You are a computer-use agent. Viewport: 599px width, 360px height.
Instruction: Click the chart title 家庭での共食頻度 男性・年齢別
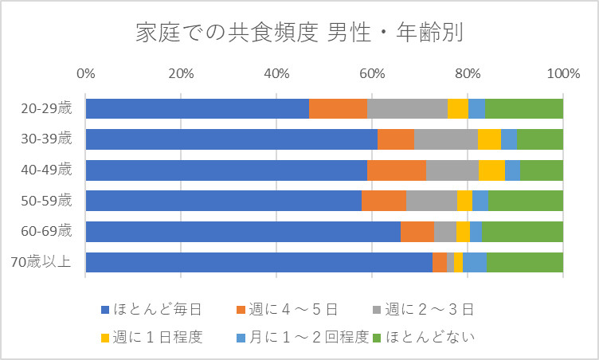tap(299, 33)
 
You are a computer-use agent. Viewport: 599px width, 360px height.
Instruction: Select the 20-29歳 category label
tap(47, 108)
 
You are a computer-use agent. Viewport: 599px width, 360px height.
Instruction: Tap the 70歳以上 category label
tap(47, 263)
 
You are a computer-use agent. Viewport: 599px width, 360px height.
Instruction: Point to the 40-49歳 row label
tap(47, 170)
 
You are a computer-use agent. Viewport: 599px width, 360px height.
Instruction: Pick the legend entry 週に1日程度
tap(158, 337)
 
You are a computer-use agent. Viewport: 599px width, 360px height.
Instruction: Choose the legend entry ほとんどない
tap(429, 337)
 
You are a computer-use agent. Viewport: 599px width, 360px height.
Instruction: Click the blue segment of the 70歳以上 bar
tap(259, 263)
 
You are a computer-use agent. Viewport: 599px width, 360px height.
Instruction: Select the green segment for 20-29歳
tap(524, 108)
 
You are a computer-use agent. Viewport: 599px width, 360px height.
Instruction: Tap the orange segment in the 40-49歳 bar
tap(397, 170)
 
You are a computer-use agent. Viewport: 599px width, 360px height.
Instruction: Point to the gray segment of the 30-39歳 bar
tap(446, 139)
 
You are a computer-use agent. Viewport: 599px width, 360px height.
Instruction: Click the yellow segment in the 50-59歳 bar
tap(464, 201)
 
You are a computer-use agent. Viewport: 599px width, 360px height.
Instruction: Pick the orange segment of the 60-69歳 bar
tap(417, 232)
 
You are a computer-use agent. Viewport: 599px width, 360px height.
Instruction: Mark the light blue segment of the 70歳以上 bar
tap(475, 263)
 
